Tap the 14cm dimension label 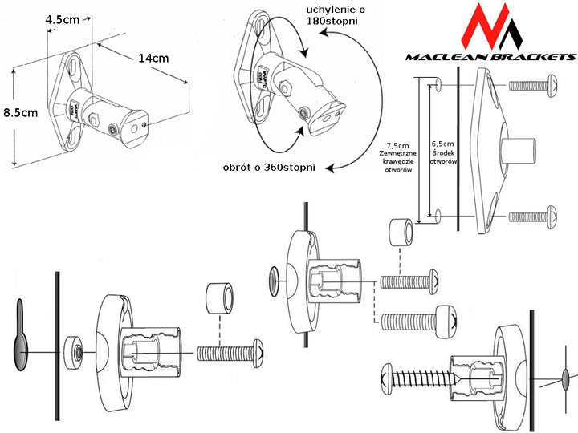tap(153, 58)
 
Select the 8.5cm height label tap(19, 113)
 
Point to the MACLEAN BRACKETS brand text tap(490, 57)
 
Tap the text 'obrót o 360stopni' tap(270, 167)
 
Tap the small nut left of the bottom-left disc tap(76, 350)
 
